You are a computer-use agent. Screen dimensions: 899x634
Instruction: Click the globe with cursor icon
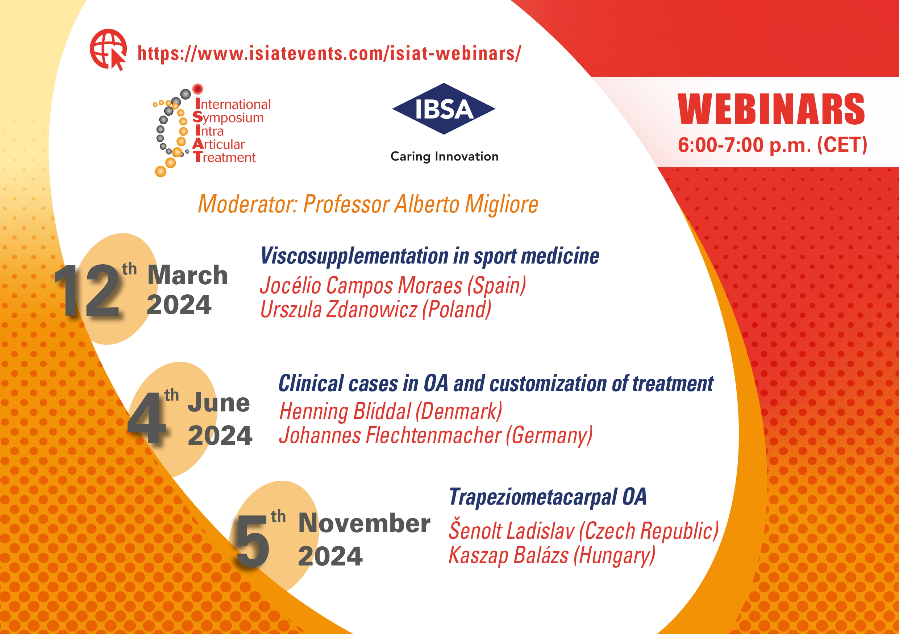pos(108,49)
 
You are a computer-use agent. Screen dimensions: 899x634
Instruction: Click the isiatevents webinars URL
pos(329,53)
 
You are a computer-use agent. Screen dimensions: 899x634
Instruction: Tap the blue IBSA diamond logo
pos(444,109)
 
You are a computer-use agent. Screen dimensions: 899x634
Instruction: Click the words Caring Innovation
pos(444,156)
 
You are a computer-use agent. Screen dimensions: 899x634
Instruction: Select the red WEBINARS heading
pos(771,109)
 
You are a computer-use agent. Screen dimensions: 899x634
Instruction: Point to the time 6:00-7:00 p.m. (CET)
pos(773,145)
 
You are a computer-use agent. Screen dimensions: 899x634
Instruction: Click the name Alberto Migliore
pos(466,204)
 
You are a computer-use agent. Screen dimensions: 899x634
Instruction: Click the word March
pos(188,275)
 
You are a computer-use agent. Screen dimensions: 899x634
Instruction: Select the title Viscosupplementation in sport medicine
pos(430,256)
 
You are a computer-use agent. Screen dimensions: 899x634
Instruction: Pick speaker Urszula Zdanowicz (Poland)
pos(376,309)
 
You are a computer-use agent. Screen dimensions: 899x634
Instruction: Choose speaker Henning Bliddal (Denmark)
pos(391,411)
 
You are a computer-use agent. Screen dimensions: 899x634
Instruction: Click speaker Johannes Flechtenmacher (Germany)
pos(436,435)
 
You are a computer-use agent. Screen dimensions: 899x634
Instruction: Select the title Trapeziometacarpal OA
pos(548,497)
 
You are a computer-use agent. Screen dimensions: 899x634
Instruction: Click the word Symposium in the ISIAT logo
pos(228,117)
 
